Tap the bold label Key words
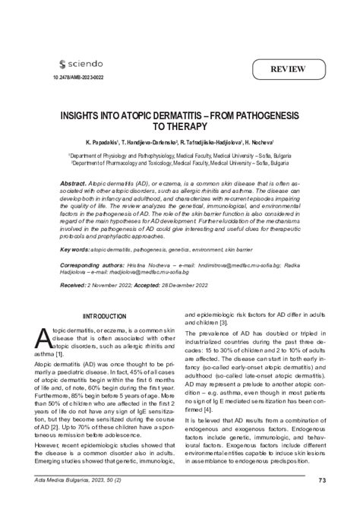click(74, 248)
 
